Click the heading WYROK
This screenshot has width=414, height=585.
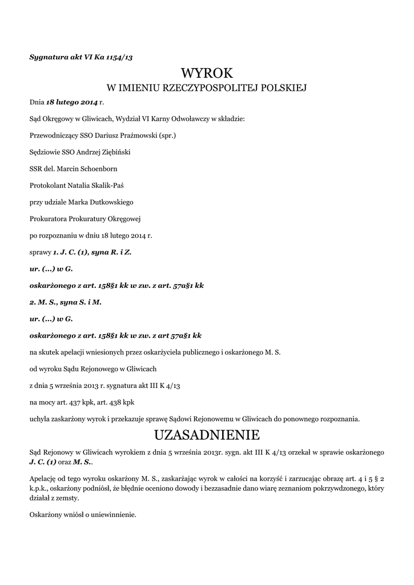coord(207,73)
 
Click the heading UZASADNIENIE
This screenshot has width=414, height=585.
coord(207,435)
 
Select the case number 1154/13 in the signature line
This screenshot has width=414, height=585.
coord(119,57)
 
